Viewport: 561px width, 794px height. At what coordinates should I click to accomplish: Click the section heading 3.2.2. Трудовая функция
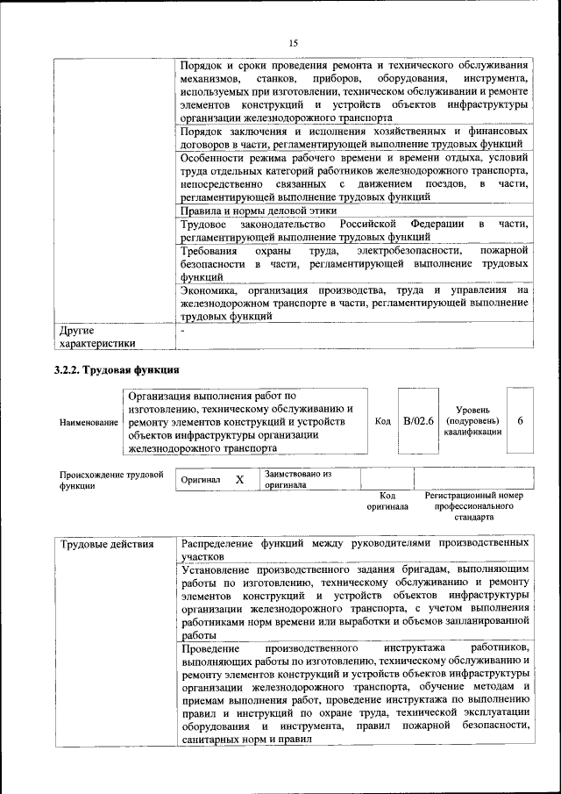(x=117, y=370)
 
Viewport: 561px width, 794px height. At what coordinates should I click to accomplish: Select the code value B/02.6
(x=418, y=421)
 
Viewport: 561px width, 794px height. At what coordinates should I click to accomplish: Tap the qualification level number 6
(x=520, y=421)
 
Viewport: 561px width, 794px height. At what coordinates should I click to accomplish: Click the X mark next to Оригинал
(x=239, y=480)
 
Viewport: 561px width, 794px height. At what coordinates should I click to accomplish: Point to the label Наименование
(x=89, y=422)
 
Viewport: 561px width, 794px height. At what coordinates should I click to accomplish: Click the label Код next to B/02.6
(x=383, y=421)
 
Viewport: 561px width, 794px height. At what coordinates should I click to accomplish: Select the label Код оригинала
(x=387, y=501)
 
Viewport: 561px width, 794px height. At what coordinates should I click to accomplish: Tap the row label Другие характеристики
(x=97, y=338)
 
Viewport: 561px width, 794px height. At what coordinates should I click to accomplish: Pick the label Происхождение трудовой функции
(x=111, y=480)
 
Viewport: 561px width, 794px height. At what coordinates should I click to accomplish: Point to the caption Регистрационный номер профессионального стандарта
(x=473, y=506)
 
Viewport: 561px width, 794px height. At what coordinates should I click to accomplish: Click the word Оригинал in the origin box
(x=201, y=481)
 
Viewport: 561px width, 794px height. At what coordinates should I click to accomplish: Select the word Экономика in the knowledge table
(x=209, y=290)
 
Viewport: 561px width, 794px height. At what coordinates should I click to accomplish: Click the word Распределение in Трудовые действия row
(x=217, y=544)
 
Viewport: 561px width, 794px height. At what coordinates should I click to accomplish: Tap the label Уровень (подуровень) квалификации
(x=472, y=421)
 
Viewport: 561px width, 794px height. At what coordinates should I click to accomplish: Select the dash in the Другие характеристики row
(x=182, y=332)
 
